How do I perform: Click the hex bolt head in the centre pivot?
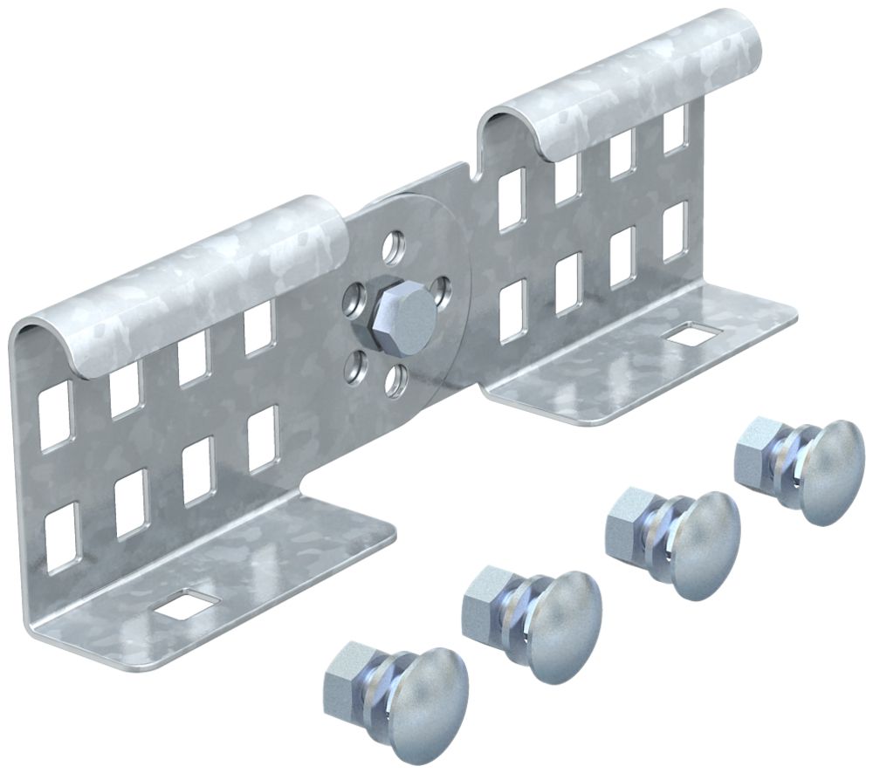point(403,310)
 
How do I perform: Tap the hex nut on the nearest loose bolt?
point(347,673)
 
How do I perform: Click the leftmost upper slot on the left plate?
point(55,415)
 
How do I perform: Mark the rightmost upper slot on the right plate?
point(676,132)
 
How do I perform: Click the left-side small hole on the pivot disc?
point(353,300)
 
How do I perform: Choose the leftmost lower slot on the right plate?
point(512,308)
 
